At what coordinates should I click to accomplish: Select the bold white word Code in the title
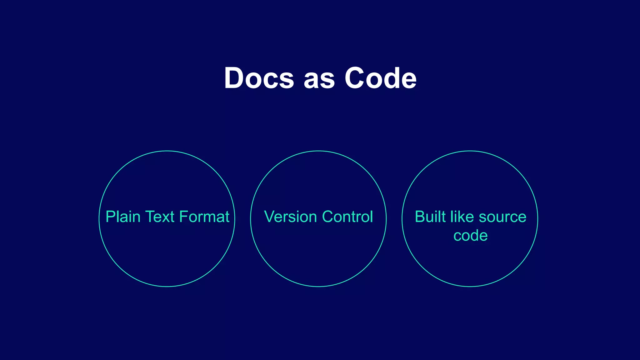pos(380,78)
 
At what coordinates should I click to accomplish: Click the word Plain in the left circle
pos(123,217)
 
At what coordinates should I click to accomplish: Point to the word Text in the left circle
pos(160,217)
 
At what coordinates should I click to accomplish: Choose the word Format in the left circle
pos(204,217)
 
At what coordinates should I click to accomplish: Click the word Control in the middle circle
pos(347,217)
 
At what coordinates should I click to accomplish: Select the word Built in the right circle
pos(430,217)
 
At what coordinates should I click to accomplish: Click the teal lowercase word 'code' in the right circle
pos(470,236)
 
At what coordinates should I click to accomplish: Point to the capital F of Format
pos(183,217)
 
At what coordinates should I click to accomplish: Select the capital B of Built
pos(420,217)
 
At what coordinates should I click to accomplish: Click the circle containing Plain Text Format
pos(167,256)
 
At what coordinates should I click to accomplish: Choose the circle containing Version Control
pos(318,256)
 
